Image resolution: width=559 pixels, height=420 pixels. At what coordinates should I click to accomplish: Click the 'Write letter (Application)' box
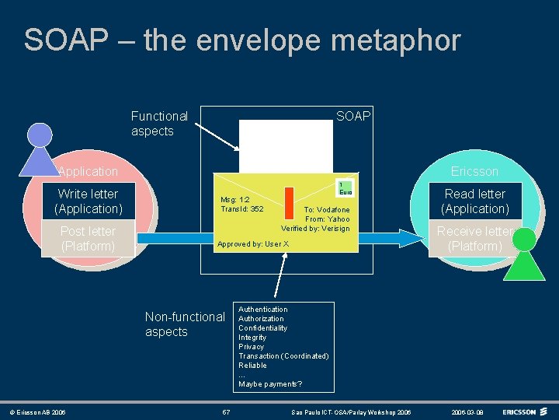(x=88, y=201)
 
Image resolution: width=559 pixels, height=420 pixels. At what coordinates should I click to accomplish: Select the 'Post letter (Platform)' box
(x=88, y=239)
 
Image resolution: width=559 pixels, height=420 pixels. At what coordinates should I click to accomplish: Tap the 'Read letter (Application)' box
(x=475, y=201)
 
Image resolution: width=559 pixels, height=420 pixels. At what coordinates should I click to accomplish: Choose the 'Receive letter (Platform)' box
(x=475, y=239)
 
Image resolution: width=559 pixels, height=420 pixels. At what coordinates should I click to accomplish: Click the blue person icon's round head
(x=40, y=135)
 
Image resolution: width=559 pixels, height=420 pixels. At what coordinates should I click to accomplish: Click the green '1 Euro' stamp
(x=345, y=187)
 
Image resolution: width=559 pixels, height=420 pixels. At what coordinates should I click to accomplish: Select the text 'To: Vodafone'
(x=326, y=210)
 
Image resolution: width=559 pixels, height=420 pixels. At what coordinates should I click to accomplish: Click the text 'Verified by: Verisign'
(x=315, y=228)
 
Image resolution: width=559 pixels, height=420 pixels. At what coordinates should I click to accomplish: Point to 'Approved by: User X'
(x=253, y=244)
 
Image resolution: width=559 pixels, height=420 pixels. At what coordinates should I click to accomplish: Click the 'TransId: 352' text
(x=241, y=208)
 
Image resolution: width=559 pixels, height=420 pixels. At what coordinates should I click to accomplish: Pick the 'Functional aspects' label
(x=159, y=124)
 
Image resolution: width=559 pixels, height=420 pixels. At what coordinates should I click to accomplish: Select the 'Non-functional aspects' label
(x=185, y=324)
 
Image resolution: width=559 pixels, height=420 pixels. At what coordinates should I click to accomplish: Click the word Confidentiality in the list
(x=262, y=328)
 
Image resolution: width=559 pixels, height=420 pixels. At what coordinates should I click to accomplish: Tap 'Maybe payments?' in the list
(x=270, y=384)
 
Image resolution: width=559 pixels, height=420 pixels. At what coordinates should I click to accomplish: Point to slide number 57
(x=226, y=411)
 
